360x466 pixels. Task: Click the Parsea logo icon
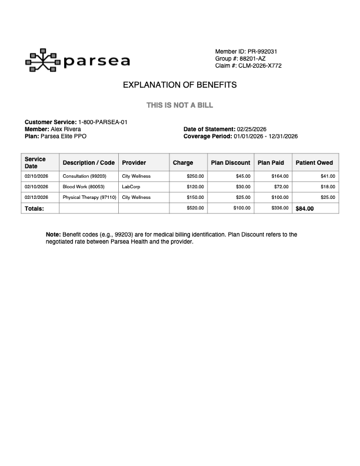(x=42, y=60)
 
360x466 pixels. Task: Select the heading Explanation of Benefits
(x=179, y=85)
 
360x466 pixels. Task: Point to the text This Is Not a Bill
(x=179, y=105)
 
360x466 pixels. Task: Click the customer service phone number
(x=103, y=122)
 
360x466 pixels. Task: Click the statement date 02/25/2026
(x=252, y=129)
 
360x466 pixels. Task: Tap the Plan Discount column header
(x=231, y=163)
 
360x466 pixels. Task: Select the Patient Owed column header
(x=314, y=163)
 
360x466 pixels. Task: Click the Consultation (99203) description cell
(x=84, y=176)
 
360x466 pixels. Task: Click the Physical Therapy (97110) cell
(x=89, y=197)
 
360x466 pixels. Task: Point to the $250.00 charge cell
(x=195, y=176)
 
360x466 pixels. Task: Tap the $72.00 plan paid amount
(x=281, y=187)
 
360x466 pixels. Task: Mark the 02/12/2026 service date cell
(x=36, y=197)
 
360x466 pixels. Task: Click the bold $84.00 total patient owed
(x=305, y=208)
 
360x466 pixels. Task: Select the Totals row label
(x=34, y=208)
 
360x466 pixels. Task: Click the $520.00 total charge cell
(x=195, y=208)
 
